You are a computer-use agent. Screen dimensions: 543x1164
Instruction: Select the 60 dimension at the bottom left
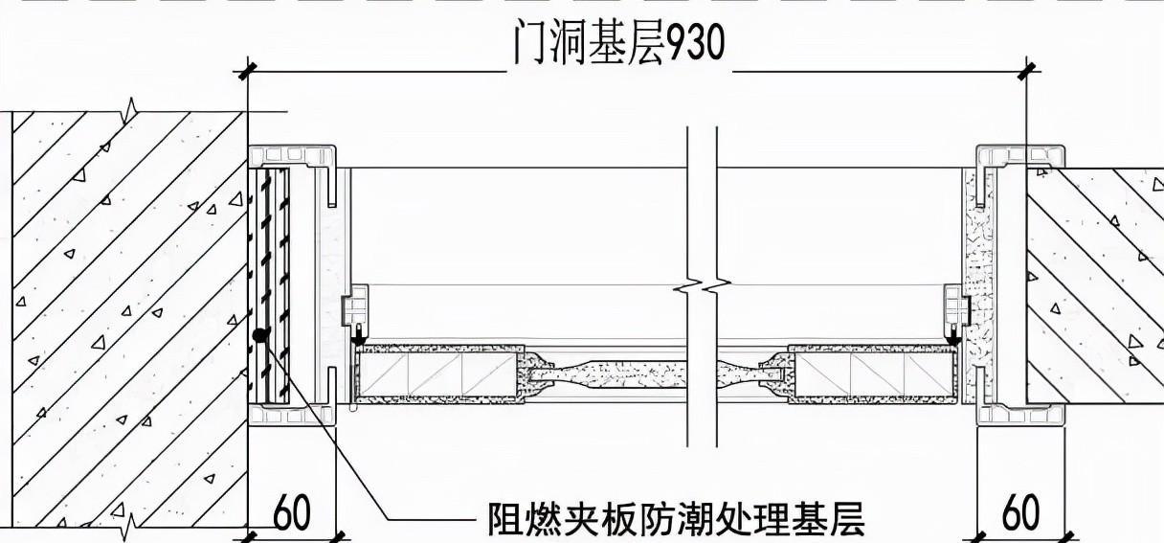(292, 514)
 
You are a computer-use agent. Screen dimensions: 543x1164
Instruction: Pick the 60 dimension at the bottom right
(1020, 514)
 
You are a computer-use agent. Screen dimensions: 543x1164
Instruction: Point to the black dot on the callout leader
(259, 336)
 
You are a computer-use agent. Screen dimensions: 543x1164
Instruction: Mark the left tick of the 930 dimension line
(249, 70)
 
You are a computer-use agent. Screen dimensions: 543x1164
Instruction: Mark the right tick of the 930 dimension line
(1027, 70)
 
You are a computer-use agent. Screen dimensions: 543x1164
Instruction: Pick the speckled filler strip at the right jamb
(976, 287)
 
